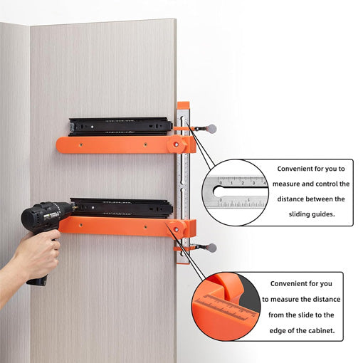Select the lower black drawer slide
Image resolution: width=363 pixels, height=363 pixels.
[122, 209]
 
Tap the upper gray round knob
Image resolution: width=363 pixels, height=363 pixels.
[211, 130]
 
